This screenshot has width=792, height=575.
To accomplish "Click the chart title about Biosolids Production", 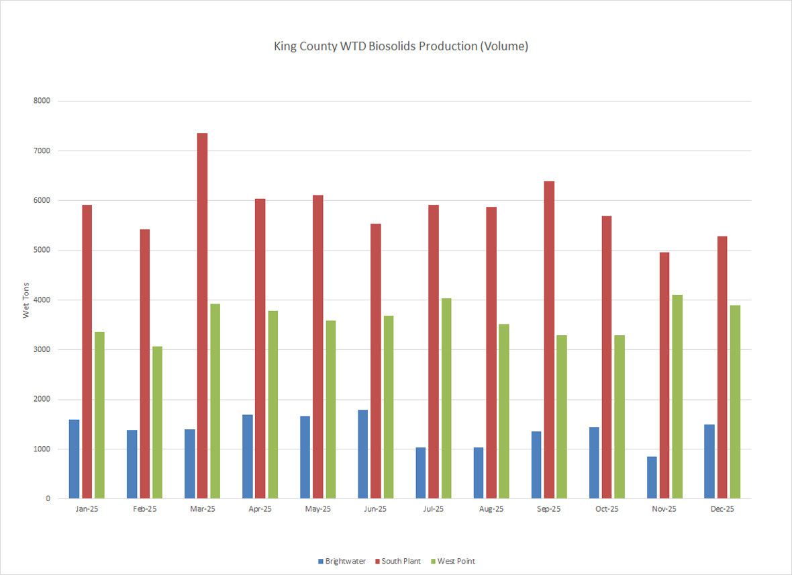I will click(x=401, y=46).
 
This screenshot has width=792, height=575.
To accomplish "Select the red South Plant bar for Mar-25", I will click(x=202, y=316).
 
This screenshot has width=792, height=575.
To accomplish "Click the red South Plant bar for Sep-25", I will click(x=548, y=340).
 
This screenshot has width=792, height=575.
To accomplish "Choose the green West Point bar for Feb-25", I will click(x=157, y=423).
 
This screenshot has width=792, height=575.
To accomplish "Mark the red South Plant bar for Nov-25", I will click(x=664, y=375).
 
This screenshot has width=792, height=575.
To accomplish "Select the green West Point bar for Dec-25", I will click(x=735, y=402).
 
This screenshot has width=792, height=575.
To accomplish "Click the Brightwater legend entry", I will click(x=342, y=561).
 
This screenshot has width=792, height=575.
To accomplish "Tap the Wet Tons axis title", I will click(x=27, y=300).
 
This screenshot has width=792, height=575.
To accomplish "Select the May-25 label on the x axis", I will click(x=317, y=509).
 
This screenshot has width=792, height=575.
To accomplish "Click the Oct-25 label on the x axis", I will click(x=606, y=509).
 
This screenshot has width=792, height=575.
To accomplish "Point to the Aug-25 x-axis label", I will click(x=491, y=509).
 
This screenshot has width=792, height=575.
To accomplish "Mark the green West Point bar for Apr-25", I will click(x=273, y=404).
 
